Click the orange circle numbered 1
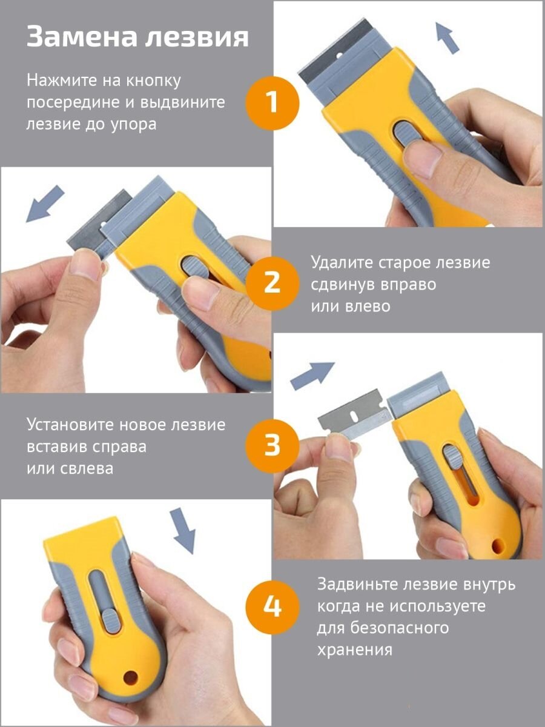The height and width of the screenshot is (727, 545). tap(272, 102)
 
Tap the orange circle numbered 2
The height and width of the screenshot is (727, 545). tap(272, 284)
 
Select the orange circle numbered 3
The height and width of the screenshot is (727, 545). tap(272, 445)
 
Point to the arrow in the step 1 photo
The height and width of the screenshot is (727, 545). tap(447, 38)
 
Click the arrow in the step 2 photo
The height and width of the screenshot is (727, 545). tap(45, 204)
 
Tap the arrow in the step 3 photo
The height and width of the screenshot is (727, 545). tap(312, 374)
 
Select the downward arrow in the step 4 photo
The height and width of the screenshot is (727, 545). tap(183, 531)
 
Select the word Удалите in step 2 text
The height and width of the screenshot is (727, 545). tap(342, 263)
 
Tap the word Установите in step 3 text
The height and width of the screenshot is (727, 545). tap(70, 425)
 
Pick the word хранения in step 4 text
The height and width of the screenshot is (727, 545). tap(355, 651)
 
